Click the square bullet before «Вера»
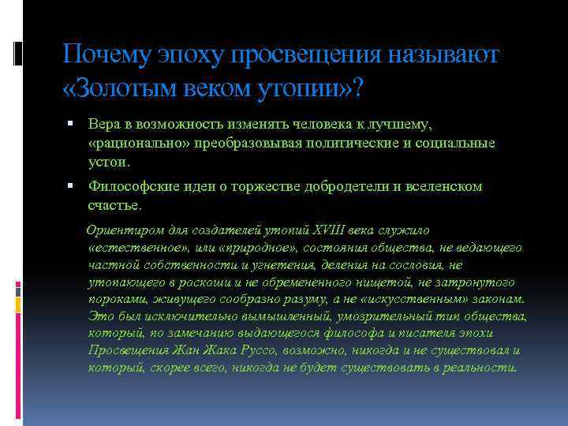pyautogui.click(x=70, y=124)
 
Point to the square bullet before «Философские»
pyautogui.click(x=70, y=187)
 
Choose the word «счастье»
pyautogui.click(x=114, y=205)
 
